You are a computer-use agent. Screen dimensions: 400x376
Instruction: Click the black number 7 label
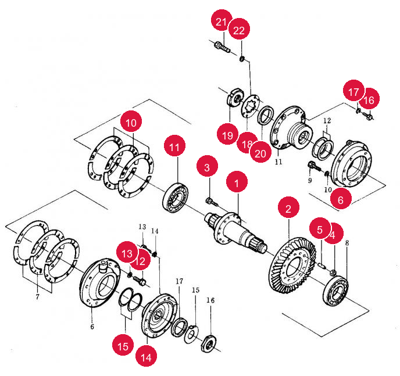[37, 297]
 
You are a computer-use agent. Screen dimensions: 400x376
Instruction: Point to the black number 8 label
[347, 243]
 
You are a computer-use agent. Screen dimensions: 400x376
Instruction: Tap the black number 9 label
[310, 181]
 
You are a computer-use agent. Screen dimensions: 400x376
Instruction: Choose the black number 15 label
[196, 290]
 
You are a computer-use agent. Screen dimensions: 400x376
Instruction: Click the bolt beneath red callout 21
[222, 47]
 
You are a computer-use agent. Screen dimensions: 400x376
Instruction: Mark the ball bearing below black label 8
[335, 291]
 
